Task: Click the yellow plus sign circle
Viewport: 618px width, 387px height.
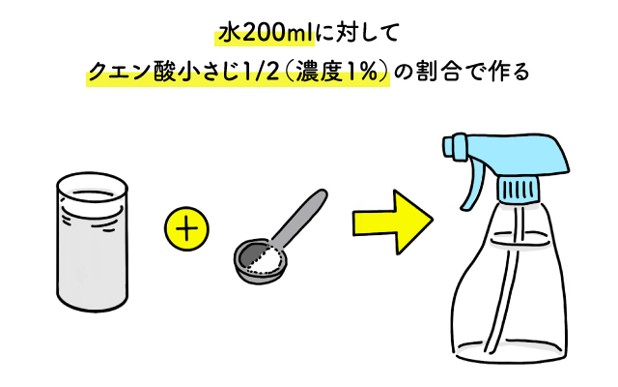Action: (188, 231)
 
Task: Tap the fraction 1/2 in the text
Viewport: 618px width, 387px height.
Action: (260, 74)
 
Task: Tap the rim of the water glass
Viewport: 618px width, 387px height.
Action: (94, 186)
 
